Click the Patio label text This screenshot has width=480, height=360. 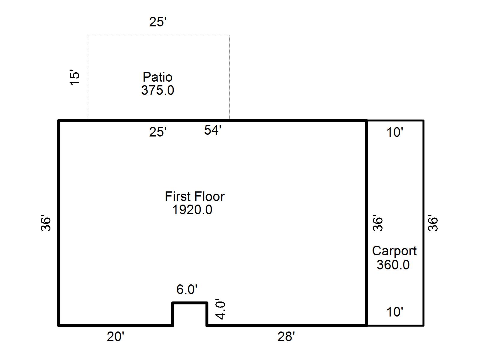pyautogui.click(x=157, y=77)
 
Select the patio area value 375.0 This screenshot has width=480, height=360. pyautogui.click(x=157, y=90)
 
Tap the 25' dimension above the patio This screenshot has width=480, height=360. pyautogui.click(x=158, y=22)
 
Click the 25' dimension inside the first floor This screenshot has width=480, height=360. pyautogui.click(x=158, y=132)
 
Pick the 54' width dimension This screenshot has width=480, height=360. pyautogui.click(x=213, y=130)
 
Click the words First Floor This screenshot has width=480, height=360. pyautogui.click(x=194, y=196)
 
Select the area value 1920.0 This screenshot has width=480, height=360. pyautogui.click(x=192, y=210)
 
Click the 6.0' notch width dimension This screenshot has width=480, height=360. pyautogui.click(x=187, y=289)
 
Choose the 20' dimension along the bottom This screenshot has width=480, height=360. pyautogui.click(x=115, y=337)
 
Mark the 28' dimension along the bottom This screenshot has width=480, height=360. pyautogui.click(x=286, y=337)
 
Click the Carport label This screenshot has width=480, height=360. pyautogui.click(x=394, y=251)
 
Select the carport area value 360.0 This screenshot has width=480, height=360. pyautogui.click(x=393, y=265)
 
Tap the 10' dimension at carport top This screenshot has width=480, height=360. pyautogui.click(x=394, y=132)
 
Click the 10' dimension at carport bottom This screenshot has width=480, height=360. pyautogui.click(x=394, y=312)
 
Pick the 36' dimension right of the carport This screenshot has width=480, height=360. pyautogui.click(x=433, y=223)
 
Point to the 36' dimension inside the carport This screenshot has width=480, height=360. pyautogui.click(x=378, y=223)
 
